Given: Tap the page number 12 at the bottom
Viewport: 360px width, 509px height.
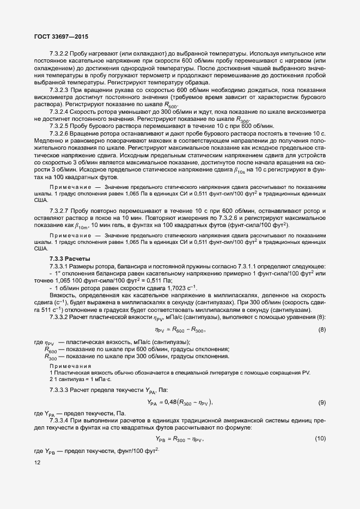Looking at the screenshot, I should click(37, 463).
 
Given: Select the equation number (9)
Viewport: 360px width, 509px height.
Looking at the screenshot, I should click(322, 402).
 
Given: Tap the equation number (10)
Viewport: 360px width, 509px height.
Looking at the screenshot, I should click(321, 438).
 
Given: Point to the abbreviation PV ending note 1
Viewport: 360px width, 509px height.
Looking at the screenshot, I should click(306, 372).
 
